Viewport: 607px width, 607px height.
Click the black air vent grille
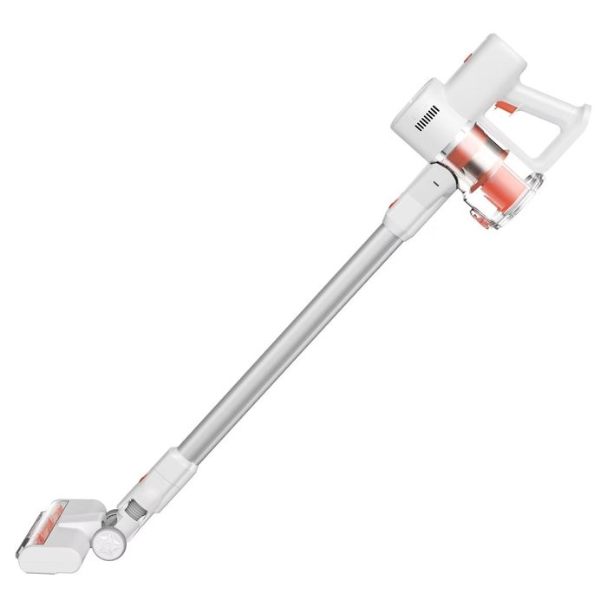coord(428,121)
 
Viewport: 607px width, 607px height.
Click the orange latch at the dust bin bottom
coord(480,219)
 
